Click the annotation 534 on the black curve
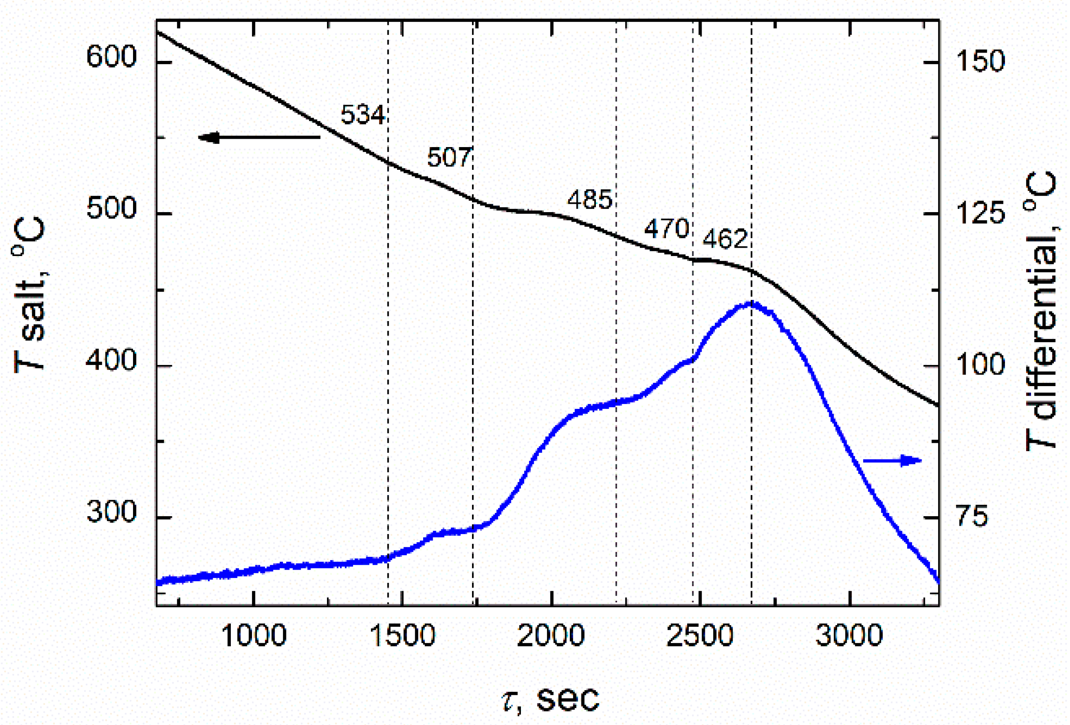pos(362,115)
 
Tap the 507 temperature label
pos(449,157)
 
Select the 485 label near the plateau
pos(589,200)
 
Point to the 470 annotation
pos(666,228)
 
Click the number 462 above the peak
pos(725,239)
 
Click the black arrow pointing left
pos(258,137)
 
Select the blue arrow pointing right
pos(892,460)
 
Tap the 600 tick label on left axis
pos(112,58)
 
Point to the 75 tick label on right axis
pos(972,516)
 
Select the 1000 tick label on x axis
pos(254,636)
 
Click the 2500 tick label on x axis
pos(700,636)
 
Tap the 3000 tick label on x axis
pos(849,636)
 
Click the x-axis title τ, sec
pos(551,699)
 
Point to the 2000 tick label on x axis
pos(551,636)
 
